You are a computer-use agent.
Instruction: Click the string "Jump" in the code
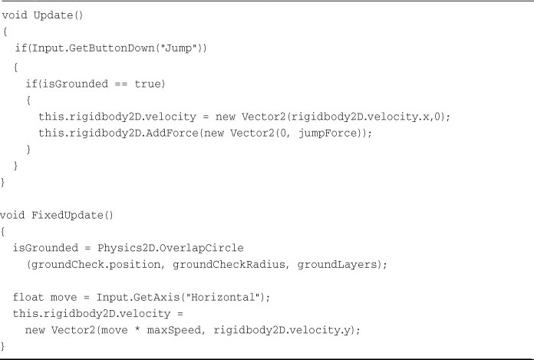click(178, 48)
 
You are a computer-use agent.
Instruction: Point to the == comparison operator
click(121, 84)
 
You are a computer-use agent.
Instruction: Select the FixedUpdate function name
click(68, 215)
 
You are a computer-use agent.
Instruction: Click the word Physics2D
click(127, 248)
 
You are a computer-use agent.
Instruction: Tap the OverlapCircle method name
click(202, 248)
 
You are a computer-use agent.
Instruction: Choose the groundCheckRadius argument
click(229, 264)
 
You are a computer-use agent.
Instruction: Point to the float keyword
click(28, 297)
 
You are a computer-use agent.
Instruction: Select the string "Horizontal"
click(222, 297)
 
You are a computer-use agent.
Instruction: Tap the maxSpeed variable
click(174, 330)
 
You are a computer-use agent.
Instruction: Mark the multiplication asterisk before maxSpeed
click(137, 330)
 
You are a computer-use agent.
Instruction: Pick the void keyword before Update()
click(15, 15)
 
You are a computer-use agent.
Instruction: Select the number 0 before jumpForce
click(282, 133)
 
